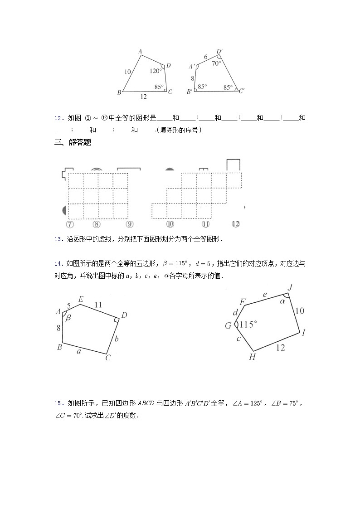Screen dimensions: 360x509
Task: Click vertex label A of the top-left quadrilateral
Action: click(141, 51)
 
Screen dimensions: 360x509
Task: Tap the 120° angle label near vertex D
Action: click(156, 71)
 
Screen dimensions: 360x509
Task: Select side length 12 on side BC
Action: click(143, 97)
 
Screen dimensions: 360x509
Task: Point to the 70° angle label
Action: click(216, 63)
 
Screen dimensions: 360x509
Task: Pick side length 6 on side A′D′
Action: click(205, 57)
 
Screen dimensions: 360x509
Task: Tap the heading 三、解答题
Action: click(73, 142)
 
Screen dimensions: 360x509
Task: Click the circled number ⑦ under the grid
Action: click(70, 224)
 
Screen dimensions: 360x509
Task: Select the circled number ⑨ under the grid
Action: click(130, 224)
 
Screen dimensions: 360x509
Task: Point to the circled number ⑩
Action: click(170, 224)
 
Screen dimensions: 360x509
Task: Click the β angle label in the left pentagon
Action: click(69, 318)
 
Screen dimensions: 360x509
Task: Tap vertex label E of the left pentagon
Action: click(81, 299)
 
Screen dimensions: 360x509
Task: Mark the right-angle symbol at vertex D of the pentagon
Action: click(117, 320)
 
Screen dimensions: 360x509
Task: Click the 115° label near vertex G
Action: click(248, 325)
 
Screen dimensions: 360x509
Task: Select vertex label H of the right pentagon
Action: click(253, 357)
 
